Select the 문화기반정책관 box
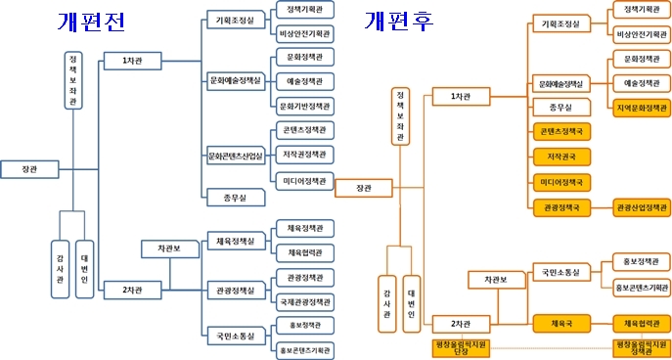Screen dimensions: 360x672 (304, 106)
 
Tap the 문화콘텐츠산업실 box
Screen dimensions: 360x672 (235, 155)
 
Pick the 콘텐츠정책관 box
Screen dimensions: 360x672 (304, 130)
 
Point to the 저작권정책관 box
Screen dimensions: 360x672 (304, 155)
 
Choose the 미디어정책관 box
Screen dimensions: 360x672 (304, 179)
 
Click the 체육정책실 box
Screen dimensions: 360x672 (235, 241)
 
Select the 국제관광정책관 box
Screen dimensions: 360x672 (304, 301)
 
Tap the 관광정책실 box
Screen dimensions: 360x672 (235, 290)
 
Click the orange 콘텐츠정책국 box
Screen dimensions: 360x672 (561, 130)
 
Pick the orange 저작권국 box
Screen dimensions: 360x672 (561, 156)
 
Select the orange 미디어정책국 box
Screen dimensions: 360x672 (561, 181)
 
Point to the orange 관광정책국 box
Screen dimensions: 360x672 (561, 206)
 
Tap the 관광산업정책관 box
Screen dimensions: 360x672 (642, 206)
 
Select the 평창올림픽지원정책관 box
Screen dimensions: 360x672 (642, 347)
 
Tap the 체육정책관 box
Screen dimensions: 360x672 (304, 228)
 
